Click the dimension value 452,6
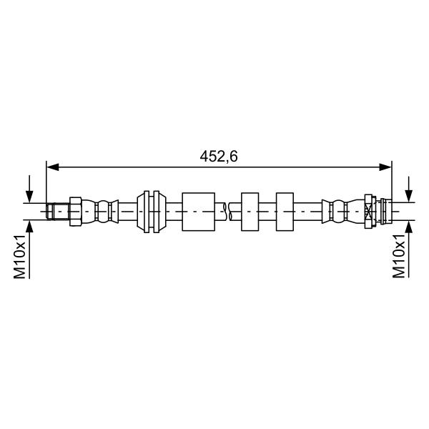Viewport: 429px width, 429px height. coord(219,157)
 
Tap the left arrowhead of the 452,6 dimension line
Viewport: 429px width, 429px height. coord(52,167)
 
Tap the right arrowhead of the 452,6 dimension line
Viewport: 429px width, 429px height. coord(385,167)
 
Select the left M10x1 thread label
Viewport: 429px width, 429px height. coord(20,256)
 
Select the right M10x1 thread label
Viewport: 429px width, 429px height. coord(399,256)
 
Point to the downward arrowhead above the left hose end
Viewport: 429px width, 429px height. coord(29,197)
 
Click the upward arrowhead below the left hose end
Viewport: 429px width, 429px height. coord(29,226)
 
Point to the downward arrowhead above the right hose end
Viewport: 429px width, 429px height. coord(409,196)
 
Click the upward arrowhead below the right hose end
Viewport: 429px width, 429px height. coord(409,227)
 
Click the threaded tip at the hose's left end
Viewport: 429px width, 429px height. coord(57,212)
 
